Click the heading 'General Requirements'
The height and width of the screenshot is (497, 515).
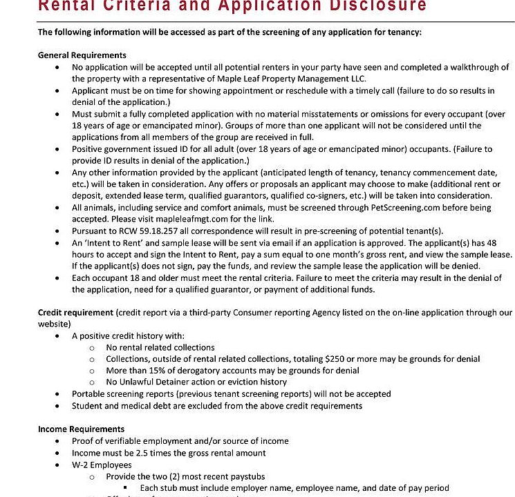click(x=82, y=55)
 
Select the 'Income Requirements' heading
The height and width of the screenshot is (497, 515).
click(x=81, y=429)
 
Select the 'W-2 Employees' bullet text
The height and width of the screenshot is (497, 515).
click(x=101, y=465)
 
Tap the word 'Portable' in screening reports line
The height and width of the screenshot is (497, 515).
click(x=88, y=394)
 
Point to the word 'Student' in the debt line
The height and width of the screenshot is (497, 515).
click(x=88, y=406)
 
